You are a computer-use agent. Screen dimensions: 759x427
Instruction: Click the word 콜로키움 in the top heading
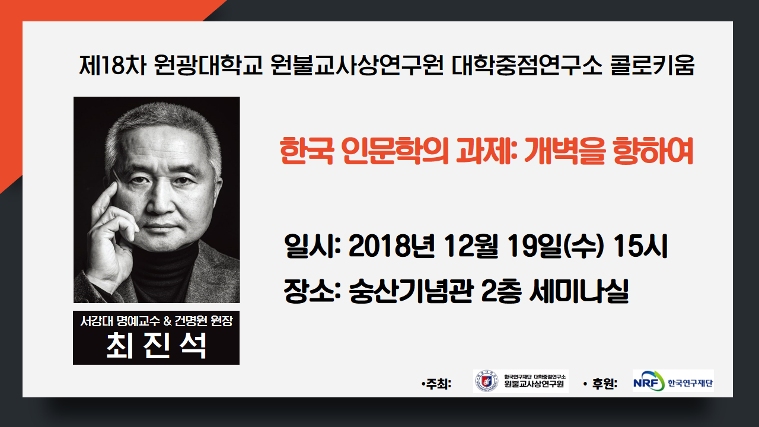pyautogui.click(x=653, y=65)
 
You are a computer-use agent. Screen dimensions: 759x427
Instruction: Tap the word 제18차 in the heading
pyautogui.click(x=113, y=65)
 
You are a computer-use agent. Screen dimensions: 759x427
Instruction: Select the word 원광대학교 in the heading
pyautogui.click(x=208, y=65)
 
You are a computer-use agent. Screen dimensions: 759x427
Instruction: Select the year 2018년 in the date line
pyautogui.click(x=391, y=246)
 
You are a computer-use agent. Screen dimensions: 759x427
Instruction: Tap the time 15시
pyautogui.click(x=640, y=246)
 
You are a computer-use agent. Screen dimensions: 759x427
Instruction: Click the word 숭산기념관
pyautogui.click(x=411, y=291)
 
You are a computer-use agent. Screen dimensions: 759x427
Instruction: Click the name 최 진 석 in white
pyautogui.click(x=156, y=346)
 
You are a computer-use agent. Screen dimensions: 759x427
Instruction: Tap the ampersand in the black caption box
pyautogui.click(x=168, y=321)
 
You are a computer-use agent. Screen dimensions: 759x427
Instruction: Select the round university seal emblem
pyautogui.click(x=487, y=381)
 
